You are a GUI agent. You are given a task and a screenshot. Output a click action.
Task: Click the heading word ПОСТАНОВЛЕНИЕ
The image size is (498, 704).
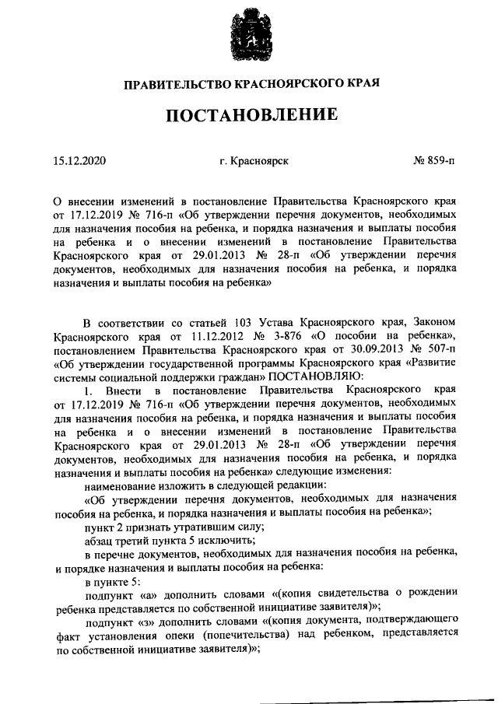click(249, 115)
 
